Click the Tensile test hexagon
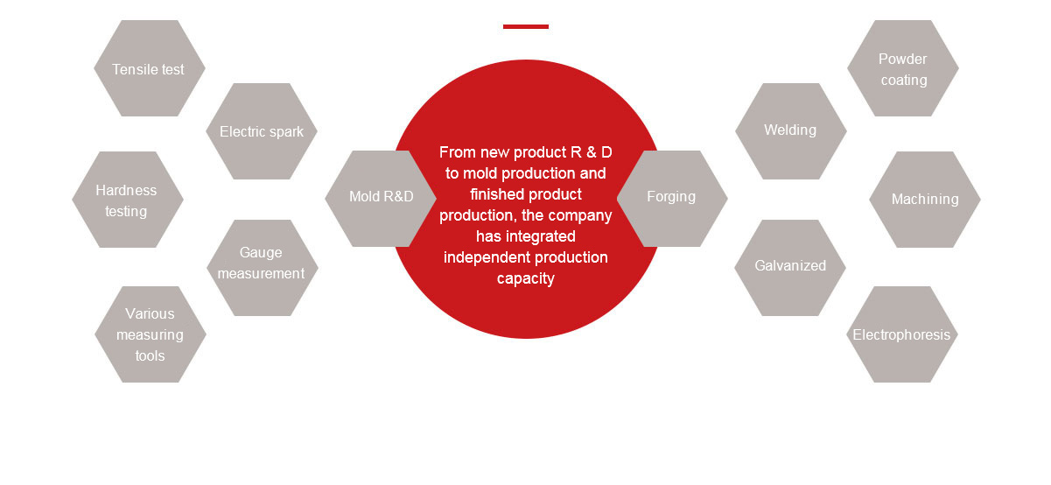(149, 69)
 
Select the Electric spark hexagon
(262, 131)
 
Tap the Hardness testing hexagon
(127, 200)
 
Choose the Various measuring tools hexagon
(150, 334)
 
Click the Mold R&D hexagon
(381, 197)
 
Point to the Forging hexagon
(671, 197)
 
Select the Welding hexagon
(790, 130)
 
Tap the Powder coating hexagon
(903, 69)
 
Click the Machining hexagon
(925, 200)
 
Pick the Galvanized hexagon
(790, 266)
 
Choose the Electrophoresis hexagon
(902, 334)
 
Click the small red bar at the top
(526, 26)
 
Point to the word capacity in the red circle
(526, 278)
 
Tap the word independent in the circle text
(488, 257)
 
